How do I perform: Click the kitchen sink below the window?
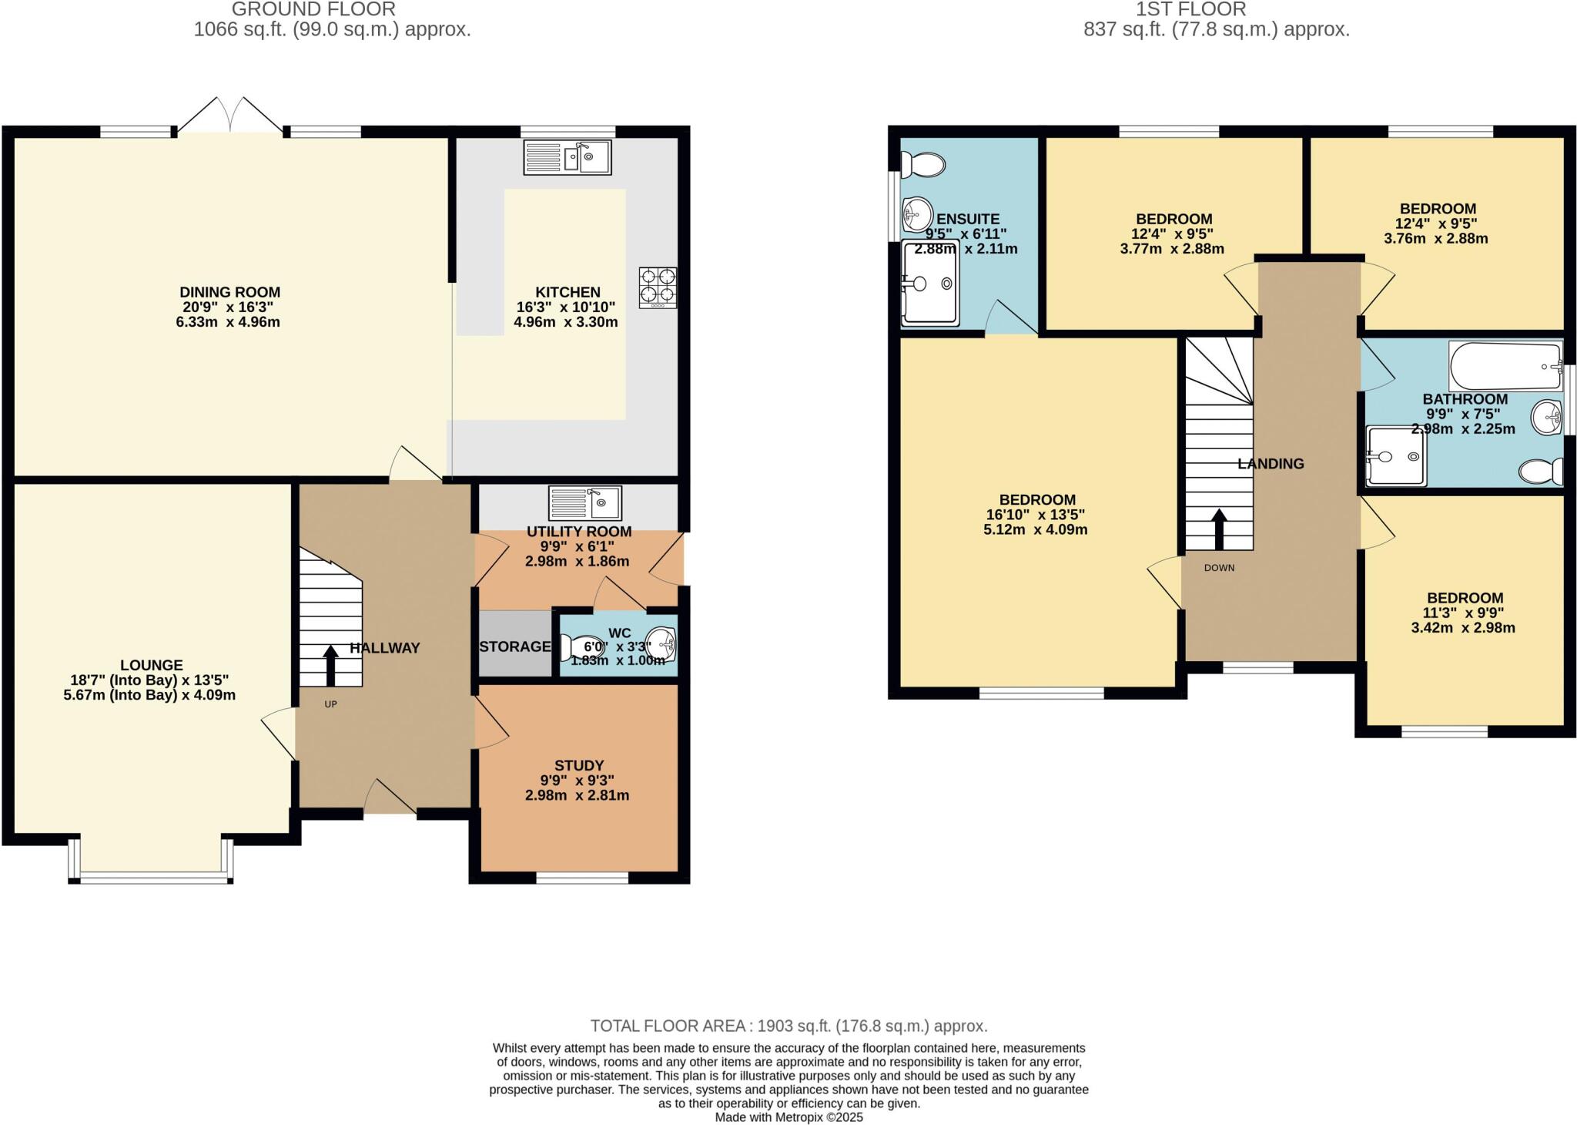568,157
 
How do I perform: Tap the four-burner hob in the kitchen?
658,287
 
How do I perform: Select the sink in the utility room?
584,503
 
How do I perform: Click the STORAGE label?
514,646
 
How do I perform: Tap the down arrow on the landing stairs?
1219,528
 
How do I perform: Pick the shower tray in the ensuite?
930,283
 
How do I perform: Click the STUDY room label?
578,765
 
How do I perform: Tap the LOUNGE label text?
151,665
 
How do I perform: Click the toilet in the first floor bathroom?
1542,471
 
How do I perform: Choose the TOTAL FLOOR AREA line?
788,1026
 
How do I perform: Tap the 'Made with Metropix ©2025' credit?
788,1117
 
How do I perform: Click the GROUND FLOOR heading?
313,10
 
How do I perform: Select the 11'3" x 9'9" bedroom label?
1464,613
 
